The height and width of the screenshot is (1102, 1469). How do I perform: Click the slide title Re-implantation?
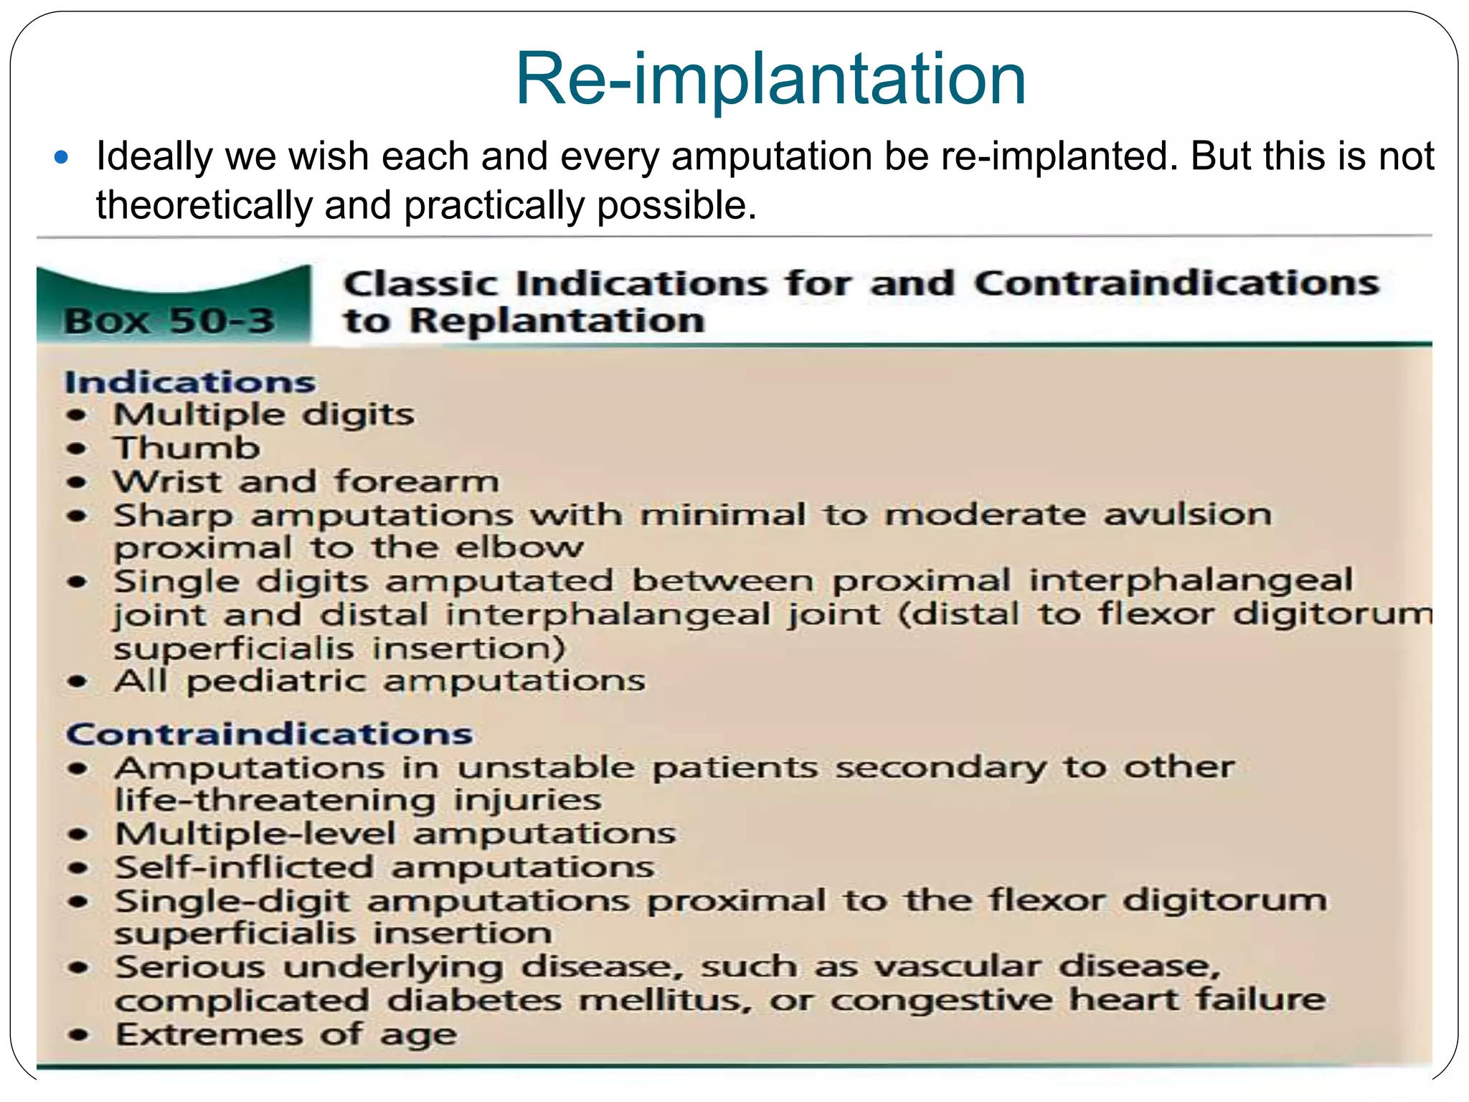coord(770,79)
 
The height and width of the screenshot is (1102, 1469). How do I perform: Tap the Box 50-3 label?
coord(169,321)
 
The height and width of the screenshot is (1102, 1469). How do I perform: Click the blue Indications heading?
coord(190,382)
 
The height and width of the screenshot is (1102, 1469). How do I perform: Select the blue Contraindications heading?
coord(269,734)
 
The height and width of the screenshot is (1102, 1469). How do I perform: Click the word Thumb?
coord(187,448)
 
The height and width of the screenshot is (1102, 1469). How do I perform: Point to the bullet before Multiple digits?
coord(77,415)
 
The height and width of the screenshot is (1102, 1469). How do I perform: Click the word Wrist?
coord(168,481)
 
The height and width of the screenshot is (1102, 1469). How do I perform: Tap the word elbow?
coord(519,548)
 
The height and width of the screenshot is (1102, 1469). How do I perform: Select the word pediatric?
coord(276,681)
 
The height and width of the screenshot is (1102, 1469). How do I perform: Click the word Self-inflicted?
coord(244,867)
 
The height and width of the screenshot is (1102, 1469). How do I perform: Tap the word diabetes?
coord(474,1001)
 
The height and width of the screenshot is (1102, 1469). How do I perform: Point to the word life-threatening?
coord(275,800)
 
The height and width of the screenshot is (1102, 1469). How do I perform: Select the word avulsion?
coord(1187,514)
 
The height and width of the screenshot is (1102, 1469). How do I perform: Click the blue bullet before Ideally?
coord(62,157)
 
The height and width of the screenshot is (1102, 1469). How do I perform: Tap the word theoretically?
coord(204,206)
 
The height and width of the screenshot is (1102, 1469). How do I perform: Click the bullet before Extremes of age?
coord(78,1035)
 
